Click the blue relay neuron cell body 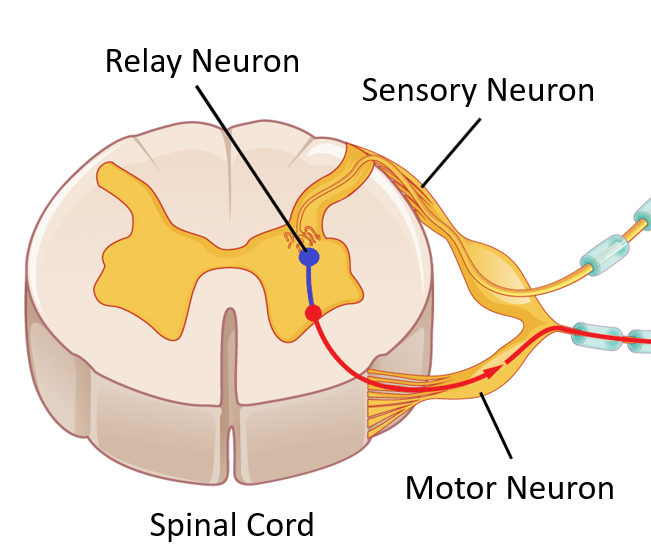click(x=310, y=257)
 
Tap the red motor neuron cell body click(x=313, y=314)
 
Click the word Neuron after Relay click(x=247, y=61)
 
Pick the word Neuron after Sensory click(x=539, y=90)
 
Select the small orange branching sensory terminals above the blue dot click(x=301, y=238)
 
